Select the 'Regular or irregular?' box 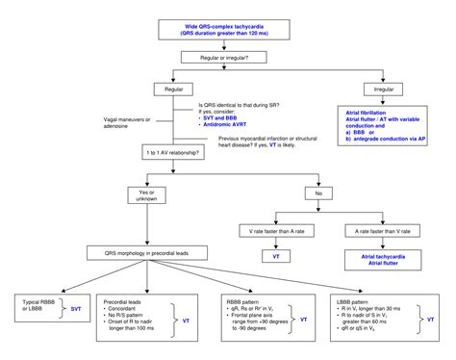[227, 59]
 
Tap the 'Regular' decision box [173, 89]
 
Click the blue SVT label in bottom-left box [77, 308]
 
